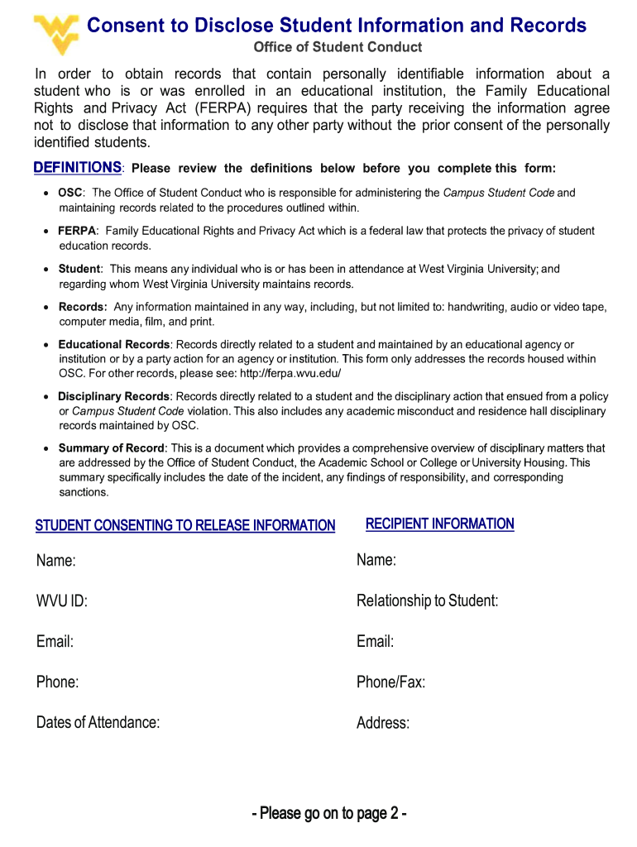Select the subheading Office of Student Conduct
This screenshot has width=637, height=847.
click(337, 47)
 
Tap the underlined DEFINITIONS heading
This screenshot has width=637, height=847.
click(78, 168)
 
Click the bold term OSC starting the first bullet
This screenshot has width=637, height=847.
click(70, 193)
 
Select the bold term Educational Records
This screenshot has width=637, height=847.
click(113, 344)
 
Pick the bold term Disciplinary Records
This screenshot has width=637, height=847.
click(113, 396)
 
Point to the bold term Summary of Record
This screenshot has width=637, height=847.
click(112, 448)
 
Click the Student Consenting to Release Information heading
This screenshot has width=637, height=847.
click(185, 525)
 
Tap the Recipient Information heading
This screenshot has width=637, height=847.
click(439, 524)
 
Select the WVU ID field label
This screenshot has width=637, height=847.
click(61, 601)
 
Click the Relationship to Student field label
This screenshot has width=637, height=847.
click(427, 601)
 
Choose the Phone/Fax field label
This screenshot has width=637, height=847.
click(390, 682)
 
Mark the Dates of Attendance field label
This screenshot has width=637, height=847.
click(98, 722)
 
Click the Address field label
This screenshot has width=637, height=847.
click(383, 723)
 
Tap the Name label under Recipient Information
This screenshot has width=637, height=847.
click(376, 561)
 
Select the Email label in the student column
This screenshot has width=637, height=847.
click(55, 642)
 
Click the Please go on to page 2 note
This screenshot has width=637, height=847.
click(329, 813)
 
